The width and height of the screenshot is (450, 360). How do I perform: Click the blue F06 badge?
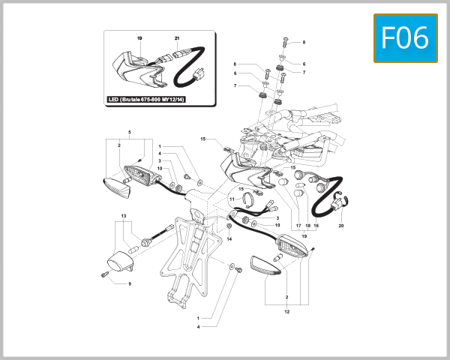tap(405, 38)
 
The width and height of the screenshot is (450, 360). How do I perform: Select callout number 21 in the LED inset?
tap(177, 37)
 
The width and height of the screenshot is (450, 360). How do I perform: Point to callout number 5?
tap(130, 133)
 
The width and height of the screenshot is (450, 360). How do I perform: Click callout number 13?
tap(123, 215)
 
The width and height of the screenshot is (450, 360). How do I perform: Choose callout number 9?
tap(130, 283)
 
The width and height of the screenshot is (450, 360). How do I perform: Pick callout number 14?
tap(230, 238)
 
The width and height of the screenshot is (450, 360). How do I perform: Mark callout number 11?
tap(232, 199)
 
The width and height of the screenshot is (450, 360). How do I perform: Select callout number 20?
tap(341, 226)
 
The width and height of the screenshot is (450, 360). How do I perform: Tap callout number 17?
tap(298, 226)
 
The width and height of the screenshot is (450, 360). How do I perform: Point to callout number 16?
tap(316, 226)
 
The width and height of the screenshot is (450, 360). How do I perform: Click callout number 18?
tap(307, 226)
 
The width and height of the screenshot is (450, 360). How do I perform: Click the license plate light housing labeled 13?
tap(119, 263)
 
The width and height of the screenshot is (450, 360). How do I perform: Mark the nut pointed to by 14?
tap(229, 226)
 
